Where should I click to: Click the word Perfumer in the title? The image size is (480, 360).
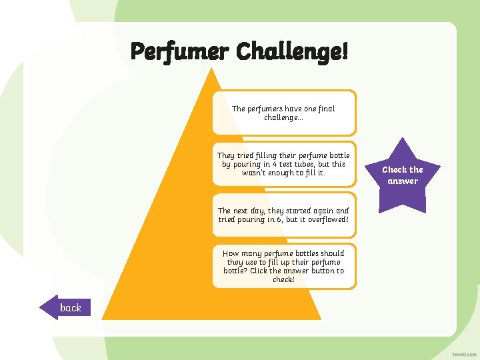180,51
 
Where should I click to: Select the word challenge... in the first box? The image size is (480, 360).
283,117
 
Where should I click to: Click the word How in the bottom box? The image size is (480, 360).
231,253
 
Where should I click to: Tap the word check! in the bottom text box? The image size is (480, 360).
283,279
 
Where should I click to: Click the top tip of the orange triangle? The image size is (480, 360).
213,69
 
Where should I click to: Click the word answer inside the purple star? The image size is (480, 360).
403,181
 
